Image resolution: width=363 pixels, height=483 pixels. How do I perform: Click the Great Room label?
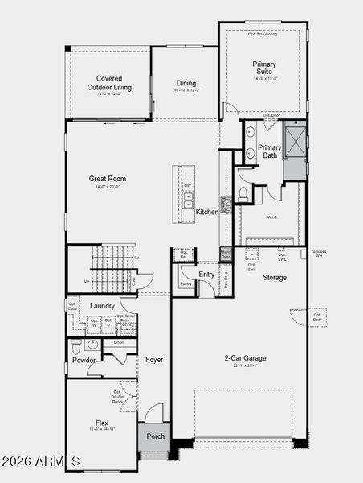pyautogui.click(x=107, y=179)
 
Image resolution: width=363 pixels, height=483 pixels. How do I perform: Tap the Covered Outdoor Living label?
pyautogui.click(x=109, y=83)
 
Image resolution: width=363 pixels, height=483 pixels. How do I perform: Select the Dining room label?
pyautogui.click(x=186, y=83)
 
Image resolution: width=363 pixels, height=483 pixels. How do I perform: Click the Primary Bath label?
pyautogui.click(x=270, y=151)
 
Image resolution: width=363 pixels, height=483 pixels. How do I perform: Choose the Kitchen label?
pyautogui.click(x=207, y=212)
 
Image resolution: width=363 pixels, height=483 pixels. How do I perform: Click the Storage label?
pyautogui.click(x=275, y=278)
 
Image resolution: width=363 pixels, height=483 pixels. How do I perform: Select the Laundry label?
pyautogui.click(x=102, y=306)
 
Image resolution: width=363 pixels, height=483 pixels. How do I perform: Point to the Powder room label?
pyautogui.click(x=84, y=360)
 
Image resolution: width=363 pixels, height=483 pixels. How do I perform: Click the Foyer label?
pyautogui.click(x=154, y=360)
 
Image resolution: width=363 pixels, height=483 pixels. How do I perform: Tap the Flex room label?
pyautogui.click(x=102, y=423)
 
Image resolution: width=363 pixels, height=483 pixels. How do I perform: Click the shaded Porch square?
pyautogui.click(x=154, y=437)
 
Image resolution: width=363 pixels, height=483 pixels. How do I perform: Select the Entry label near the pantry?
pyautogui.click(x=206, y=275)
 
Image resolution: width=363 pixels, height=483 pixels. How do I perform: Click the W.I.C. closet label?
pyautogui.click(x=271, y=216)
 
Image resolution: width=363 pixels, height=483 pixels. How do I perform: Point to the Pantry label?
pyautogui.click(x=186, y=283)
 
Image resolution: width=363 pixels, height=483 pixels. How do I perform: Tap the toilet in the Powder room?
pyautogui.click(x=76, y=347)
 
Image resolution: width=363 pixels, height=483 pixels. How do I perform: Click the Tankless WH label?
pyautogui.click(x=318, y=254)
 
